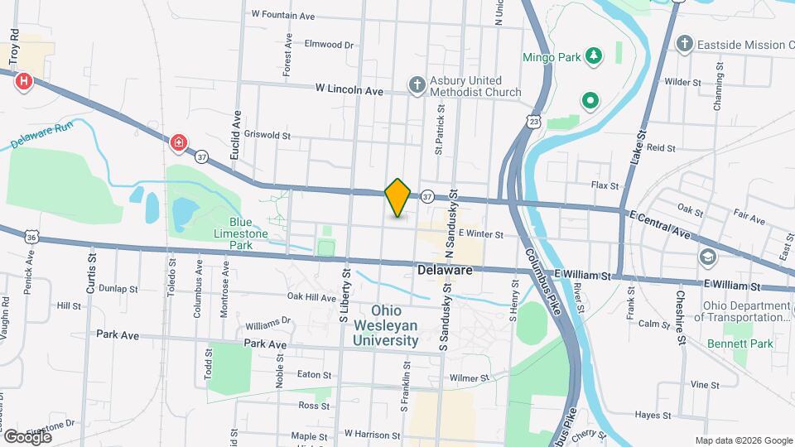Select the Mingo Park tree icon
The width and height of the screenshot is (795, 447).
pyautogui.click(x=593, y=56)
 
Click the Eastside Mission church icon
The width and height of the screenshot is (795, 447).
pyautogui.click(x=684, y=42)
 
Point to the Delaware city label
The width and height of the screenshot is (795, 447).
pyautogui.click(x=445, y=271)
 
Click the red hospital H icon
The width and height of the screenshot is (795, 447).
pyautogui.click(x=25, y=81)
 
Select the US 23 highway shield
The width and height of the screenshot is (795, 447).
pyautogui.click(x=535, y=122)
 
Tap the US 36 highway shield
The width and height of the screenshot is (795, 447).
pyautogui.click(x=31, y=237)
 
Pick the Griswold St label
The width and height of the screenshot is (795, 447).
pyautogui.click(x=270, y=135)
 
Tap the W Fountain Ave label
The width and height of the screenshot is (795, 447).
pyautogui.click(x=283, y=15)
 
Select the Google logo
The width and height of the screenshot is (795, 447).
pyautogui.click(x=27, y=435)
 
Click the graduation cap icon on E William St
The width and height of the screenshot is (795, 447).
pyautogui.click(x=707, y=257)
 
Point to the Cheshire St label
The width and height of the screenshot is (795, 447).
pyautogui.click(x=682, y=317)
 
